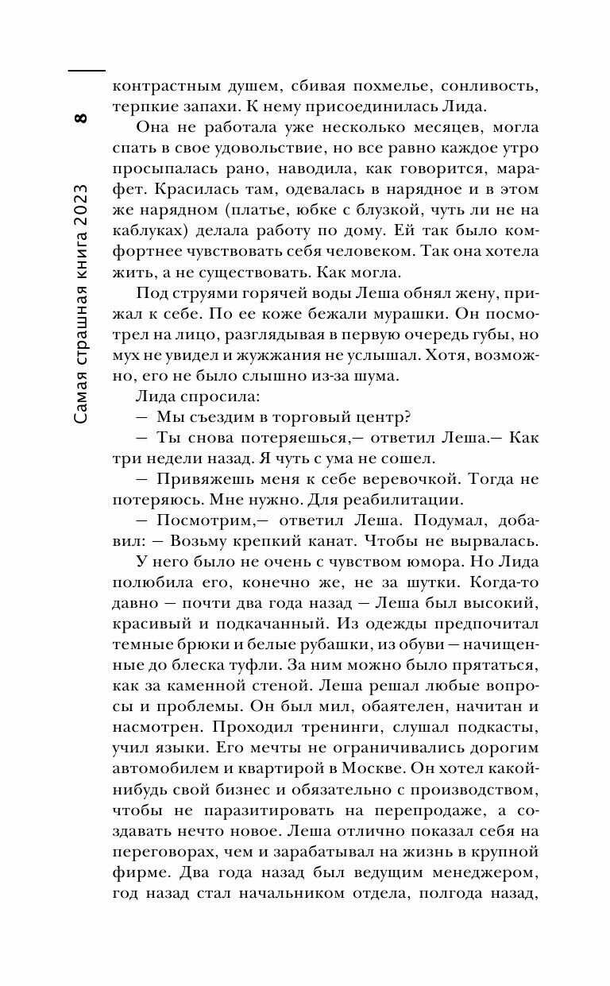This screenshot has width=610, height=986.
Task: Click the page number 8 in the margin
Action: coord(79,119)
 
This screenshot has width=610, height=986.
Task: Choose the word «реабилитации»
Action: coord(396,499)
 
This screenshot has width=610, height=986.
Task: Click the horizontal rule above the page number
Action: coord(87,72)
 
